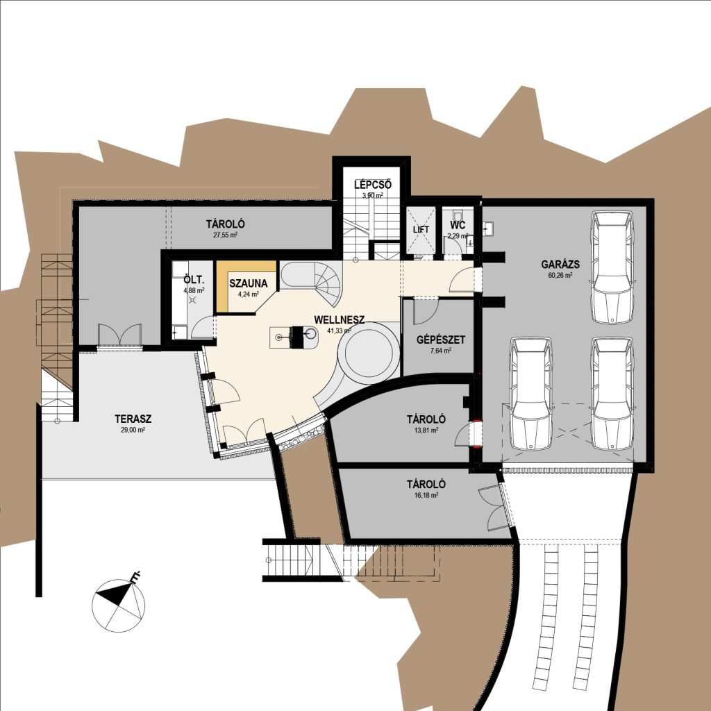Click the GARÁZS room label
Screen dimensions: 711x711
click(560, 264)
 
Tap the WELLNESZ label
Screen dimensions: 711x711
click(339, 319)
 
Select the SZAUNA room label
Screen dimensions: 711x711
click(249, 284)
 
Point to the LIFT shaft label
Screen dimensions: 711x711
click(421, 229)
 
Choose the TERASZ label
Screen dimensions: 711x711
click(133, 419)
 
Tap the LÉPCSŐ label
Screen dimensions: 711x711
click(373, 185)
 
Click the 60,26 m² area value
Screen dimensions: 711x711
click(560, 275)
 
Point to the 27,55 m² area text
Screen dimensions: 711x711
click(226, 235)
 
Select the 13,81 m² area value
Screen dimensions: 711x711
click(426, 430)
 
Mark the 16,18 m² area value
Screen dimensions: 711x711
click(426, 495)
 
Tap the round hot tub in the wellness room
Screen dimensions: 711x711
click(368, 354)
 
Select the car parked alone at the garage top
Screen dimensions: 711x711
click(612, 267)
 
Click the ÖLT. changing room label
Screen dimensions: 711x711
click(194, 279)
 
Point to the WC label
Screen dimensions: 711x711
click(458, 226)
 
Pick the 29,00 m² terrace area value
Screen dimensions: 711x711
click(133, 430)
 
